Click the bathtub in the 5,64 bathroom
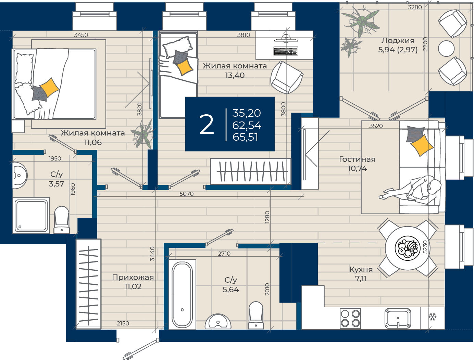tap(182, 294)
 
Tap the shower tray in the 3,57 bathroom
tap(31, 215)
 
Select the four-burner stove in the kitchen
tap(350, 318)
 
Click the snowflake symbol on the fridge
tap(433, 317)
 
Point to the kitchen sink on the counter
tap(398, 318)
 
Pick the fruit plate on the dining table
tap(408, 248)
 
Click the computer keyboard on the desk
tap(286, 51)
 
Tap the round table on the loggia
tap(446, 49)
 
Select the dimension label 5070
tap(187, 194)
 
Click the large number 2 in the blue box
tap(207, 124)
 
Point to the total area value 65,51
tap(246, 137)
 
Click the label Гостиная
tap(357, 159)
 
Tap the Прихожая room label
tap(133, 278)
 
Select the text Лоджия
tap(398, 40)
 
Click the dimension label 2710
tap(224, 254)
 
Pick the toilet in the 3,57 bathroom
tap(62, 220)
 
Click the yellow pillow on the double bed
tap(49, 87)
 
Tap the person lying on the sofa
tap(410, 190)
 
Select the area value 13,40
tap(235, 75)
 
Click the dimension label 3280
tap(415, 7)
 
